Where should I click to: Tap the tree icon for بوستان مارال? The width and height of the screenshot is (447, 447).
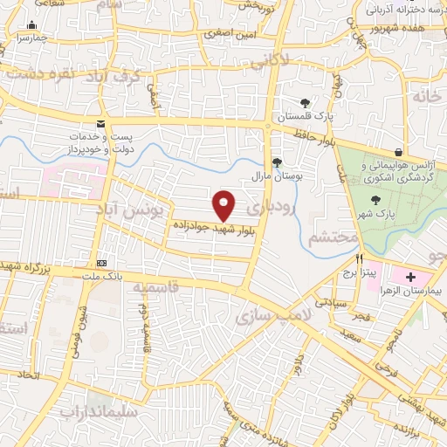(x=277, y=162)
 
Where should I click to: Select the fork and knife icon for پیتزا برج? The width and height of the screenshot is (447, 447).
(x=359, y=259)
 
